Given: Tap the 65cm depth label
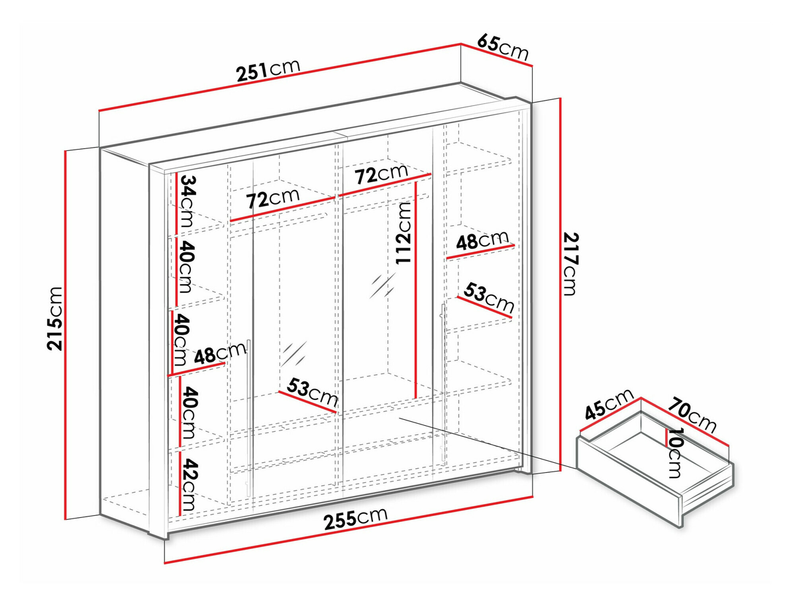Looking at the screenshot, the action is (503, 46).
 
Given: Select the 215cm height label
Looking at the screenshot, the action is (55, 319).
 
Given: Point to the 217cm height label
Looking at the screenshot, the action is (570, 264).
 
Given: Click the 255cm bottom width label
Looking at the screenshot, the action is (356, 519).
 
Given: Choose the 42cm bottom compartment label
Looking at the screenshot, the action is (189, 484).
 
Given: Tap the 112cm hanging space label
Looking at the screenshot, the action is (403, 233).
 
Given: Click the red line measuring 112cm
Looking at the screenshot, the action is (416, 289).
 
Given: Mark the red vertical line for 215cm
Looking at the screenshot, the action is (66, 334).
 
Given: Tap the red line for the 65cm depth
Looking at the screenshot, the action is (497, 55).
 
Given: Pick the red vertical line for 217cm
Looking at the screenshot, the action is (560, 285).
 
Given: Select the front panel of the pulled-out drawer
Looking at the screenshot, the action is (629, 481).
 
